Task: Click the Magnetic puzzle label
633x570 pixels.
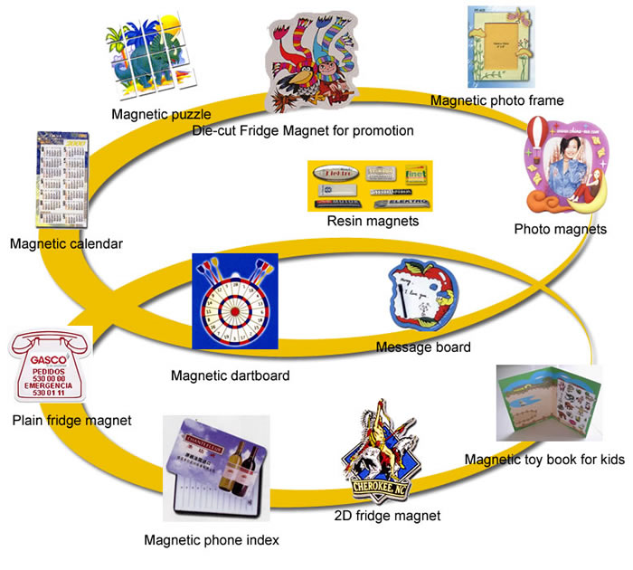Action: [x=161, y=114]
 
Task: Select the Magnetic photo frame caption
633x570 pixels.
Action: [x=496, y=100]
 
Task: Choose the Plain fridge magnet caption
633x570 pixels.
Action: [x=71, y=420]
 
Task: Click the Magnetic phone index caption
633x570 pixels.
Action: [x=212, y=541]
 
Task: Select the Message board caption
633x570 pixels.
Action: [x=423, y=347]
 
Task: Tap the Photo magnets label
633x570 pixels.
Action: [x=560, y=229]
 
